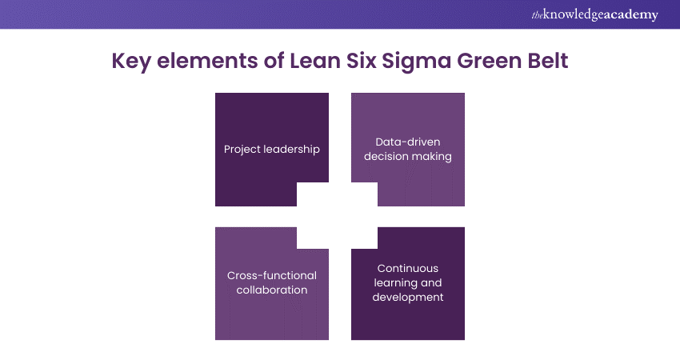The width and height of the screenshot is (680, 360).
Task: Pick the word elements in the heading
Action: (x=207, y=62)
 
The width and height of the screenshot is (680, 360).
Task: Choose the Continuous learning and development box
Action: (x=408, y=292)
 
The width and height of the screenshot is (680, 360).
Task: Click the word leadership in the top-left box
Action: (x=293, y=150)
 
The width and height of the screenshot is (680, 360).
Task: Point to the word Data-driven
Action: (x=408, y=142)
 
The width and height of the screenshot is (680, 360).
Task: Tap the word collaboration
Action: (x=272, y=290)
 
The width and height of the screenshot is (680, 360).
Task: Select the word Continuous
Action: (x=408, y=268)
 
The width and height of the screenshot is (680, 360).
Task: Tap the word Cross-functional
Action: (x=272, y=275)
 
